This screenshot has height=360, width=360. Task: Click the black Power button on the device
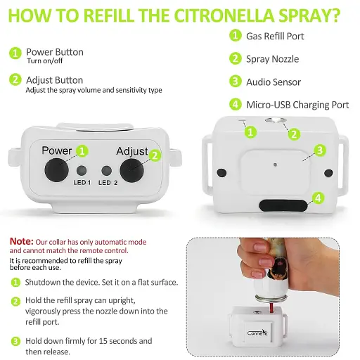click(x=56, y=170)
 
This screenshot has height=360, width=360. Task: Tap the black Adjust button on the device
click(x=131, y=171)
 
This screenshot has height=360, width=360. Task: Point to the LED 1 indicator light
click(x=82, y=171)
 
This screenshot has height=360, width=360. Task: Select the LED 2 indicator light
click(x=106, y=171)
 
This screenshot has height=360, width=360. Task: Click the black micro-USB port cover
click(x=283, y=205)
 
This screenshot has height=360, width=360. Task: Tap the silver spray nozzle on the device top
click(x=276, y=120)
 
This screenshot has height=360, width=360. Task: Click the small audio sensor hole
click(x=275, y=165)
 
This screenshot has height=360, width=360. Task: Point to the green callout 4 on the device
click(x=318, y=198)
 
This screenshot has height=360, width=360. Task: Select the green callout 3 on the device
click(x=320, y=150)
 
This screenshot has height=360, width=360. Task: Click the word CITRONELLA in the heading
click(x=224, y=15)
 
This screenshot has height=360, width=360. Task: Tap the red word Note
click(x=22, y=241)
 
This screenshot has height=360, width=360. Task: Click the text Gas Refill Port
click(x=275, y=37)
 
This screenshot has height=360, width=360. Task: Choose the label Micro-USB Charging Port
click(x=297, y=105)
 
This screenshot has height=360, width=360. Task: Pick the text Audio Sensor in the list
click(x=274, y=82)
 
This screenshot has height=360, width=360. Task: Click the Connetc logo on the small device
click(x=257, y=333)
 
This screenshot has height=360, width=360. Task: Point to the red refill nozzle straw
click(x=271, y=308)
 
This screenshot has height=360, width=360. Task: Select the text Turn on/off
click(x=45, y=60)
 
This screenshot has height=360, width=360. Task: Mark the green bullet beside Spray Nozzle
click(x=236, y=58)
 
